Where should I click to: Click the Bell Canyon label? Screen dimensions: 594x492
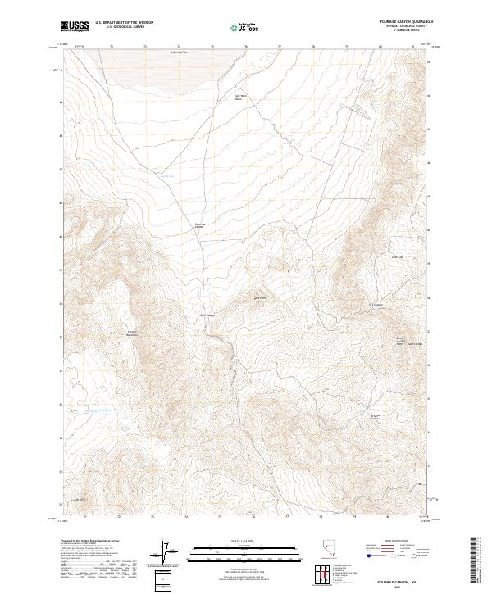point(207,315)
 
